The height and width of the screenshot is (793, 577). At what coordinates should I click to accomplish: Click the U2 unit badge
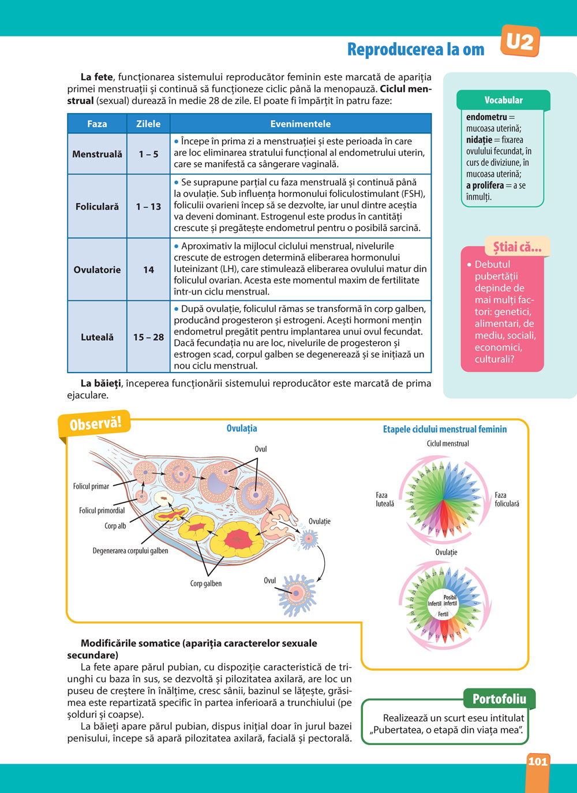tap(520, 42)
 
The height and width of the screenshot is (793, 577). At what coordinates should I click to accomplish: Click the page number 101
tap(537, 761)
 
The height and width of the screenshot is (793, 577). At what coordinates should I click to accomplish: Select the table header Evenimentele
tap(300, 124)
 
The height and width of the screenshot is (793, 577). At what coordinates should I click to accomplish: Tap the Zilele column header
tap(148, 124)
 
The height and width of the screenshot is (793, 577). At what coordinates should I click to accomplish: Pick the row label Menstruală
tap(97, 154)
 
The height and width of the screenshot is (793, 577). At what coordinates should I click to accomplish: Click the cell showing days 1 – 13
tap(148, 206)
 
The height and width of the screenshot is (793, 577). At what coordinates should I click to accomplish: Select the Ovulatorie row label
tap(97, 270)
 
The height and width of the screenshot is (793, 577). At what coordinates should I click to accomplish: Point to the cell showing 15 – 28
tap(148, 337)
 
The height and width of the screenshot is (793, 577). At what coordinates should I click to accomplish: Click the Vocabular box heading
tap(503, 100)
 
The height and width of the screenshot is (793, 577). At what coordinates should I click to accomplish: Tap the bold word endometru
tap(486, 117)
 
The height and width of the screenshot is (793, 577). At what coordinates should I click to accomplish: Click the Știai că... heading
tap(517, 247)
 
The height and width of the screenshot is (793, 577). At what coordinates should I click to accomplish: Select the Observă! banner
tap(95, 424)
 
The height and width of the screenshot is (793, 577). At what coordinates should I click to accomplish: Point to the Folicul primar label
tap(91, 486)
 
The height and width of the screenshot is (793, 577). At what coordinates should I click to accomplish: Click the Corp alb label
tap(115, 526)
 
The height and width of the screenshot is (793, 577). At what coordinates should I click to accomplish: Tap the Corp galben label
tap(206, 583)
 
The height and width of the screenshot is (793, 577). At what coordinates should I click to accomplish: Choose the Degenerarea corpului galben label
tap(130, 550)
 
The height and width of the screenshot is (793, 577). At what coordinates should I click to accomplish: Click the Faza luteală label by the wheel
tap(385, 500)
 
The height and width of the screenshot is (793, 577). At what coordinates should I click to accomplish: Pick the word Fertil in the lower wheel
tap(443, 614)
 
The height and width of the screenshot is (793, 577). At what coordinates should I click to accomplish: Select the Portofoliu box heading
tap(499, 699)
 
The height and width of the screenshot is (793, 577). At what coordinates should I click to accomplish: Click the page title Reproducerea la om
tap(415, 50)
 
